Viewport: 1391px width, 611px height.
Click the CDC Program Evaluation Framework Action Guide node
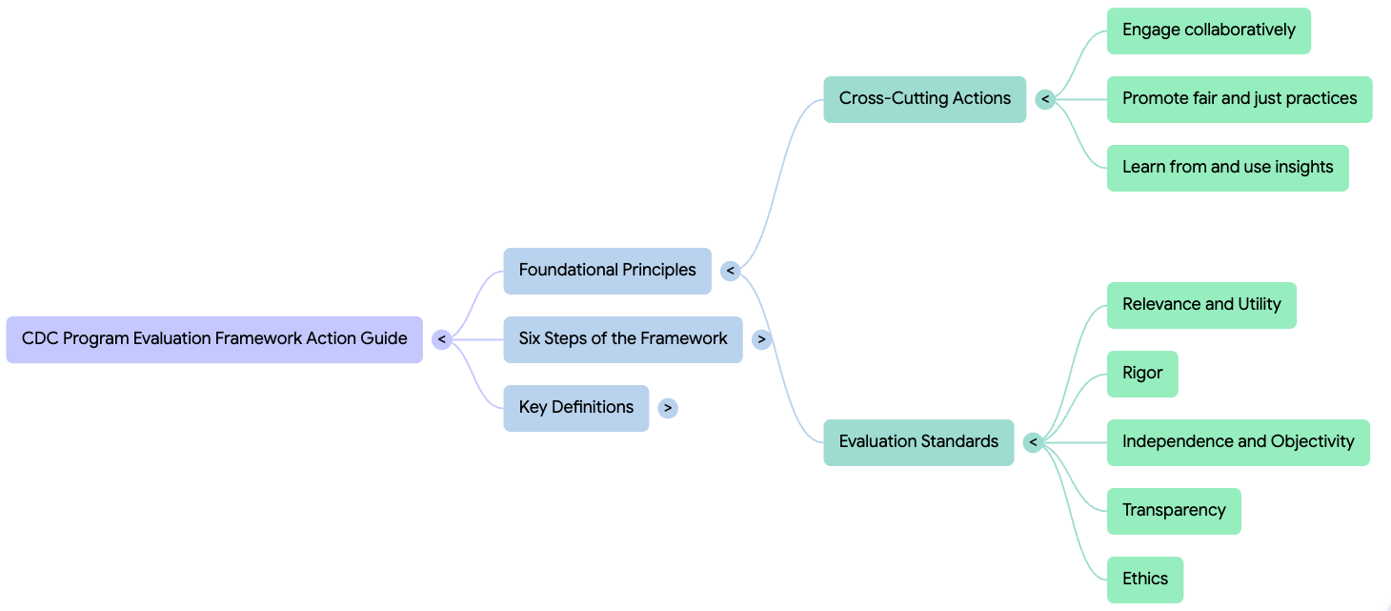pos(214,339)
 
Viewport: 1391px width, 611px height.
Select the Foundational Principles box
pos(607,271)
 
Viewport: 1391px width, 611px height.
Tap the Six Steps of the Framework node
pos(622,339)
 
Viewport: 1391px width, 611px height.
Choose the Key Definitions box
pos(575,408)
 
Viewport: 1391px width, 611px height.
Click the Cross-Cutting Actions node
pos(924,99)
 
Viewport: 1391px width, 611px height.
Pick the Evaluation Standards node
pos(918,442)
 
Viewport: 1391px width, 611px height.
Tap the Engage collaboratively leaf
pos(1208,31)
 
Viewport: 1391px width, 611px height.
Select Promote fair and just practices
pos(1239,99)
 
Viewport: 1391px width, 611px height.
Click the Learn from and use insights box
pos(1227,168)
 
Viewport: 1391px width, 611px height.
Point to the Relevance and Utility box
pos(1201,305)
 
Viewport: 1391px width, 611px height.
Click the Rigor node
pos(1142,374)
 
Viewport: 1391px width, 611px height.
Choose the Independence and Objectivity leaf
pos(1238,442)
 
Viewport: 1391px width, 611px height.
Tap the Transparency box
pos(1174,511)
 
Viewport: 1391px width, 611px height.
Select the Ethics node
pos(1144,580)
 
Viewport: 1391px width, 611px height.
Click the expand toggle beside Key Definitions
pos(668,408)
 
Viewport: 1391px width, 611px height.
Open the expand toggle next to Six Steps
pos(761,339)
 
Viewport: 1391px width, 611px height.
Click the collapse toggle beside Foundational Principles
pos(731,271)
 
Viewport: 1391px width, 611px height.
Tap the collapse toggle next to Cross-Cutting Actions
pos(1045,99)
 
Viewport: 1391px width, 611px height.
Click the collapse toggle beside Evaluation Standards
pos(1033,442)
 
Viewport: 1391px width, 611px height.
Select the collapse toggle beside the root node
pos(441,339)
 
